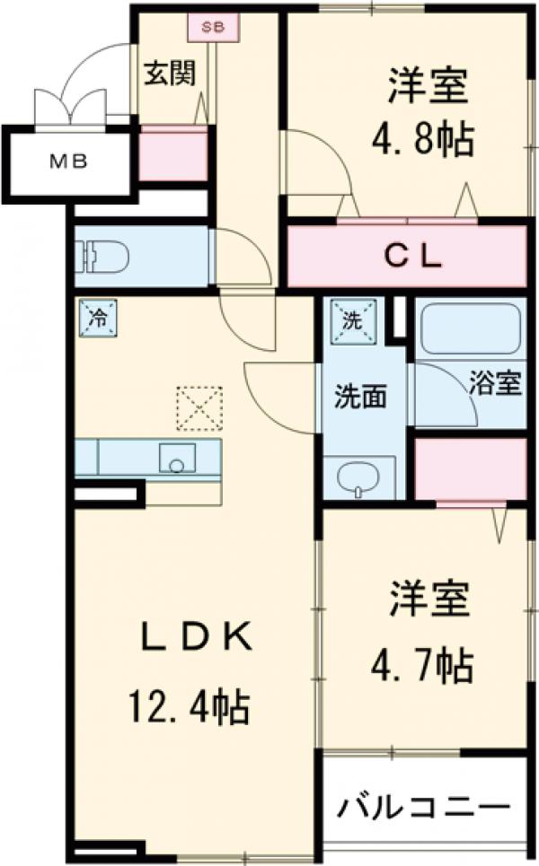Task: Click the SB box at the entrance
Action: coord(213,27)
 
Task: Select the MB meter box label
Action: coord(68,162)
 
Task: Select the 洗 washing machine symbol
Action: coord(349,317)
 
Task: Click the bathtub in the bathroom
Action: coord(470,329)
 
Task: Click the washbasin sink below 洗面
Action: coord(359,477)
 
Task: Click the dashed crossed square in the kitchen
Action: coord(199,408)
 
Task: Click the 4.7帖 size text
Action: coord(422,665)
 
